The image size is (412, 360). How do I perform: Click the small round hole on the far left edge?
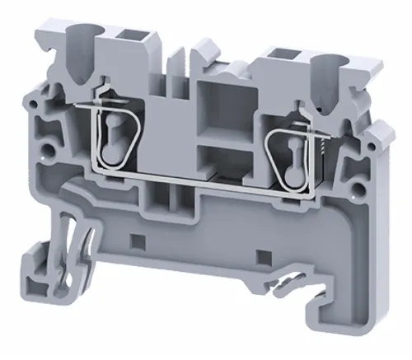point(32,106)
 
